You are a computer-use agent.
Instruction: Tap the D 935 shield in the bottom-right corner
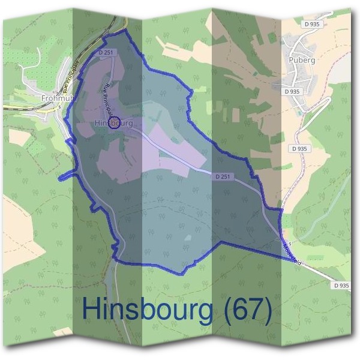340,286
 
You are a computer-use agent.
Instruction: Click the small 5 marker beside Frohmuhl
61,107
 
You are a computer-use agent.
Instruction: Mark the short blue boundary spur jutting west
64,177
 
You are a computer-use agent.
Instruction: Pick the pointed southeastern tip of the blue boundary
298,261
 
